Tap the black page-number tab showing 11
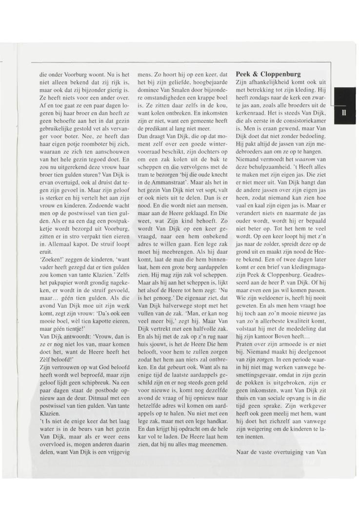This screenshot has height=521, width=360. pos(344,113)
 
